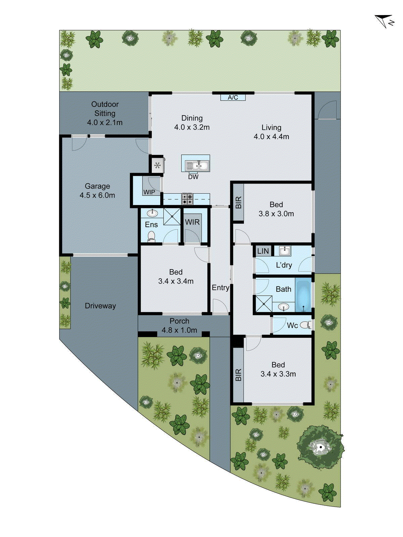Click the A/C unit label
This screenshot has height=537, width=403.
(233, 97)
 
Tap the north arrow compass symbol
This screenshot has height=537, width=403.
(385, 21)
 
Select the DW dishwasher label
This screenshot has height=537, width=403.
(193, 177)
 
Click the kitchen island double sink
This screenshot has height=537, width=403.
(197, 165)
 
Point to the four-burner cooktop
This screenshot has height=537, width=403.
(187, 199)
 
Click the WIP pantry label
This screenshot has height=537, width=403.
(149, 192)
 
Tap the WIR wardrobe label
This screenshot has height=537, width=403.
(192, 222)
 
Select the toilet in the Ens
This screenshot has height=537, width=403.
(151, 236)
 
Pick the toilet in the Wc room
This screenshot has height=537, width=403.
(306, 325)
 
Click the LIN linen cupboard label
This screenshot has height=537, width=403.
(263, 251)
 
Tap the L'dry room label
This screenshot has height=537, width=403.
(284, 265)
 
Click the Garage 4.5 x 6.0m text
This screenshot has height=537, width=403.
(97, 191)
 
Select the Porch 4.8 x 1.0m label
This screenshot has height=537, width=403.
(179, 326)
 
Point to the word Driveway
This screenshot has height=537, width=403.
(100, 306)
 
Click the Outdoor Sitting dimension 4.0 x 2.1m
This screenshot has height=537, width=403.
(105, 123)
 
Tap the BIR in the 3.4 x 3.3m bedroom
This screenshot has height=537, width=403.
(238, 375)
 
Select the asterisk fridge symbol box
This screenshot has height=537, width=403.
(157, 165)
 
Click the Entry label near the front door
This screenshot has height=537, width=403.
(220, 288)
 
